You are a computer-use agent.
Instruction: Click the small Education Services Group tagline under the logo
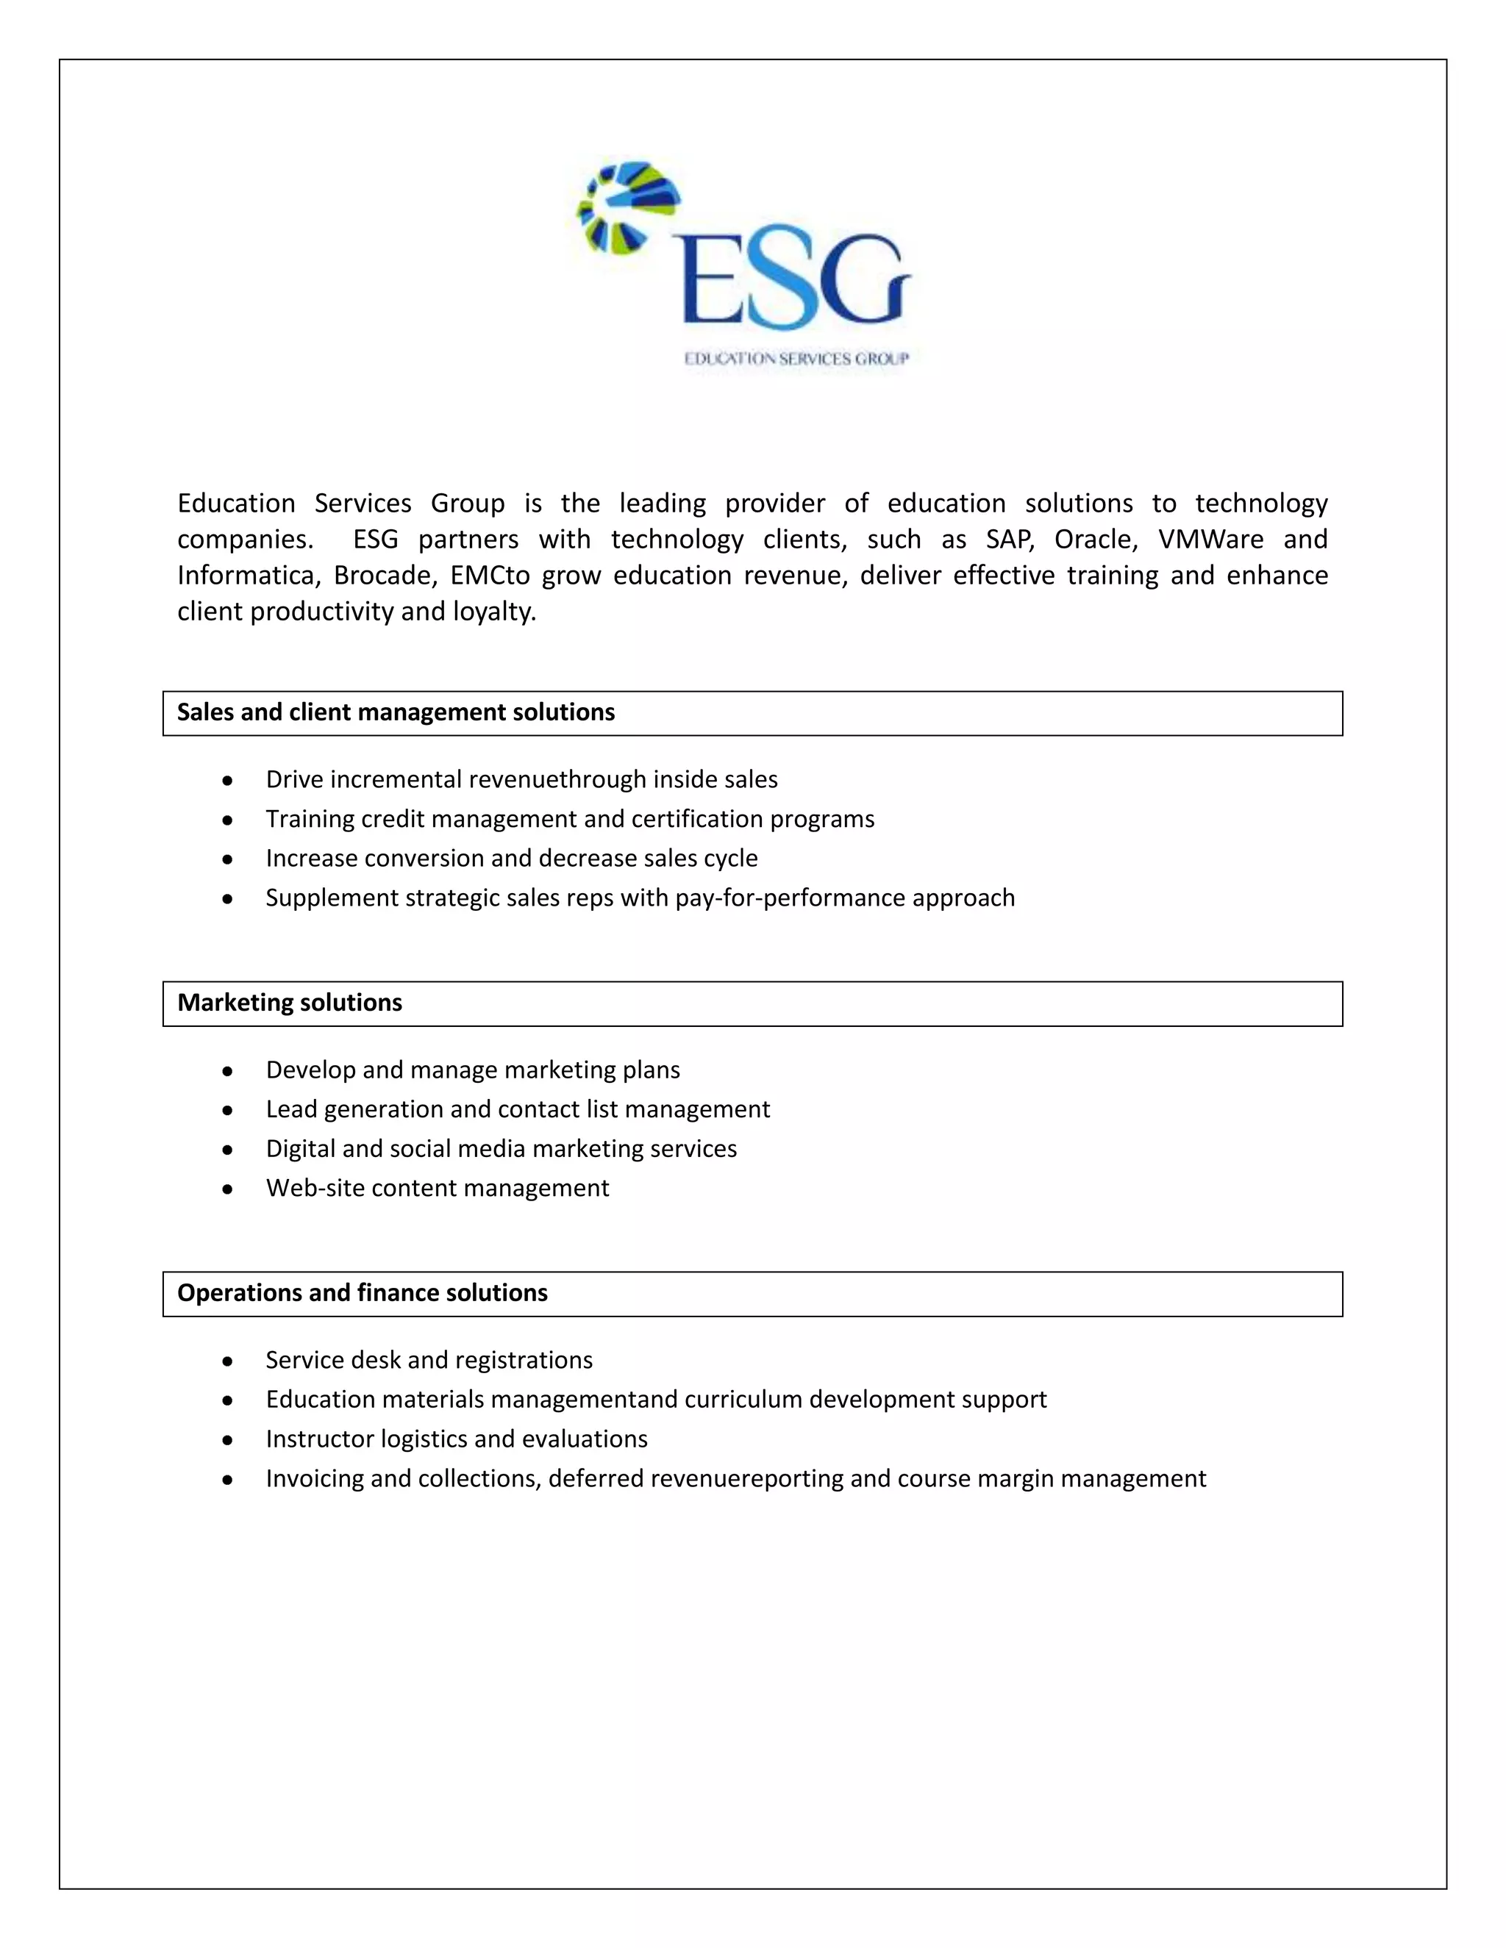[x=796, y=359]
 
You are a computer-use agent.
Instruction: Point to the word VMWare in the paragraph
[x=1210, y=540]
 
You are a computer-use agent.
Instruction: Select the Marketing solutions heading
[x=289, y=1003]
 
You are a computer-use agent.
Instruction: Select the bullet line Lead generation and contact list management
[x=518, y=1109]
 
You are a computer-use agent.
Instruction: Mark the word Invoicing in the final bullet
[x=314, y=1478]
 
